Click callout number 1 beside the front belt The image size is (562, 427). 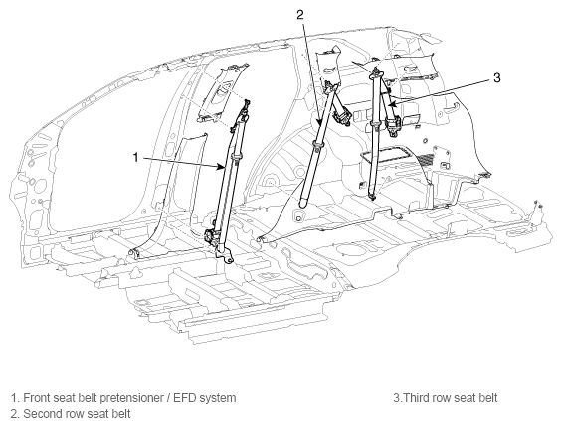tap(135, 157)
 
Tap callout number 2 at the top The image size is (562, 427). tap(300, 14)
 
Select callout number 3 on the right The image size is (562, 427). tap(496, 77)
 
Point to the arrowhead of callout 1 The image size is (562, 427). tap(221, 167)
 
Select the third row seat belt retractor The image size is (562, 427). tap(393, 125)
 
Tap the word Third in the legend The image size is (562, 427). tap(415, 398)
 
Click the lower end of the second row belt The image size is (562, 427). tap(303, 202)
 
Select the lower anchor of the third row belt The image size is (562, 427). tap(373, 196)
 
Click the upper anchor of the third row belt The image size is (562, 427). tap(376, 71)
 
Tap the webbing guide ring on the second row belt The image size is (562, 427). tap(318, 145)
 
